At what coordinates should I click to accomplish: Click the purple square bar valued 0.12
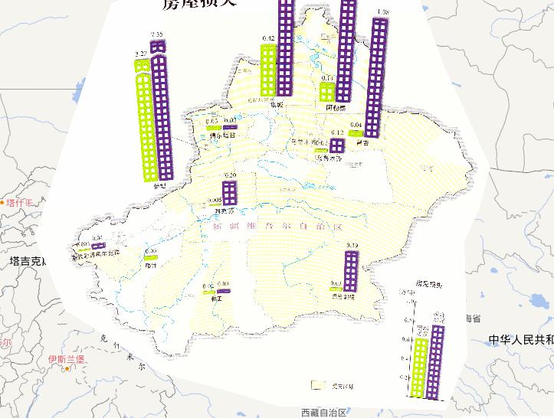[x=338, y=145]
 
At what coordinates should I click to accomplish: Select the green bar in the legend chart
[x=420, y=367]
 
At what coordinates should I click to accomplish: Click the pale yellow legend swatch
[x=319, y=385]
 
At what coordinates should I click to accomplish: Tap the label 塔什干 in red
[x=21, y=203]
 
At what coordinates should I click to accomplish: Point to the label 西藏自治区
[x=324, y=412]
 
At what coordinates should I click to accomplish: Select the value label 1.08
[x=384, y=12]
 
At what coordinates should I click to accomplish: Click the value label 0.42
[x=268, y=39]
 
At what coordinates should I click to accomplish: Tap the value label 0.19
[x=352, y=245]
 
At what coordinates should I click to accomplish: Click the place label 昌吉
[x=362, y=142]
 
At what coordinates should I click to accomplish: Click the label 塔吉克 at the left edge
[x=27, y=261]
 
